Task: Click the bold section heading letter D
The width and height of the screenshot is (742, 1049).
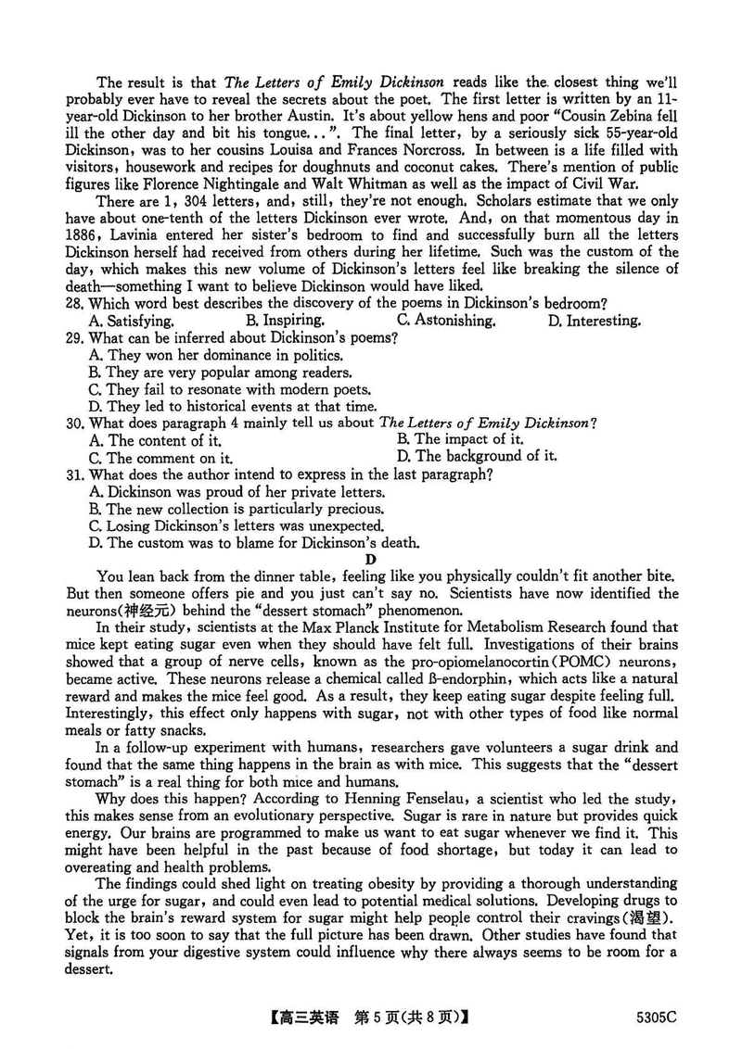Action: point(371,559)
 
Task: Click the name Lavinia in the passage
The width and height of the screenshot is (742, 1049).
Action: point(142,234)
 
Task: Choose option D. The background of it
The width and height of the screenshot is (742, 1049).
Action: point(477,456)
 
